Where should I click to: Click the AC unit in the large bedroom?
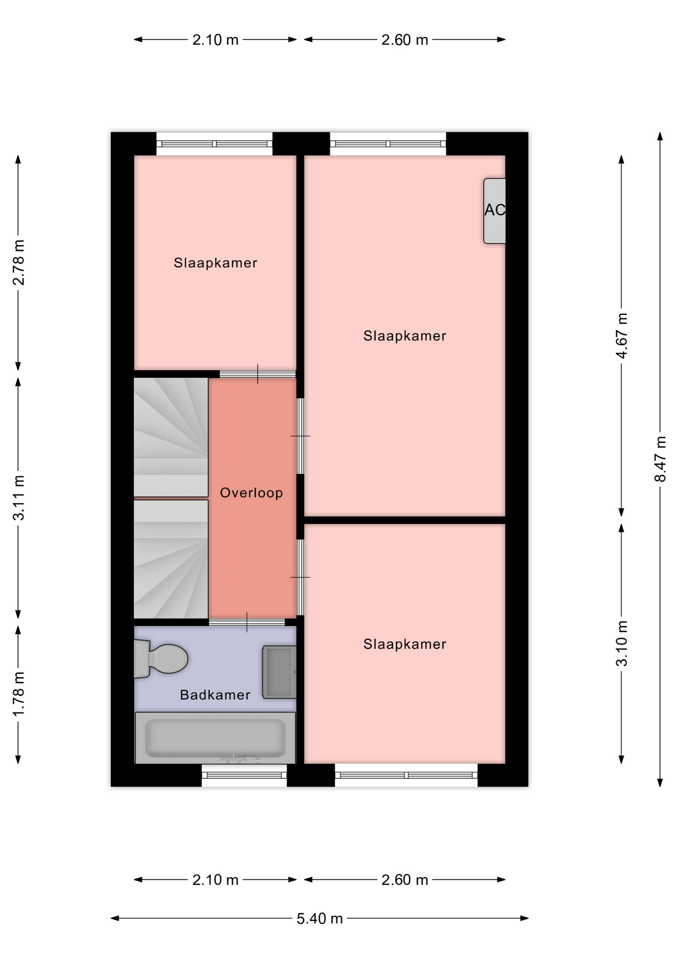point(495,211)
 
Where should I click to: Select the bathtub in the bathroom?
point(215,737)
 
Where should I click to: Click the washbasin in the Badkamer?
point(280,672)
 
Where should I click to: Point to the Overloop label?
point(252,493)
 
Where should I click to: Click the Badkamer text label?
point(215,695)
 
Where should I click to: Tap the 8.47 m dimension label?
point(660,459)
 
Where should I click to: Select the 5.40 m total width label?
point(320,919)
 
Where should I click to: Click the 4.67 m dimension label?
point(622,336)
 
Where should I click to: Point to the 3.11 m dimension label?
point(18,497)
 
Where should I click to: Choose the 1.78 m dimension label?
point(18,694)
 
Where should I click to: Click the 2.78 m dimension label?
point(18,262)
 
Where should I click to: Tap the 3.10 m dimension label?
point(622,644)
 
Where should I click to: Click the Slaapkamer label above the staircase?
point(216,263)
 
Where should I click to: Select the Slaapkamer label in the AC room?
point(405,336)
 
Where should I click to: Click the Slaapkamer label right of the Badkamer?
point(405,644)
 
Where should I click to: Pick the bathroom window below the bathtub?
point(245,775)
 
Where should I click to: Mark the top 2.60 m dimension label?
point(405,40)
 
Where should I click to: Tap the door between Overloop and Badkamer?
point(247,622)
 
